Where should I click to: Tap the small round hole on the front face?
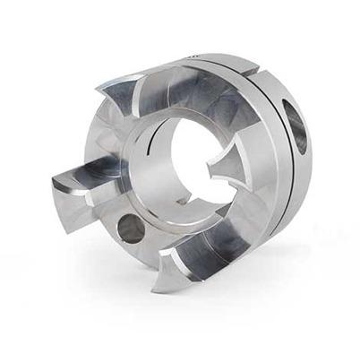pyautogui.click(x=131, y=228)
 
